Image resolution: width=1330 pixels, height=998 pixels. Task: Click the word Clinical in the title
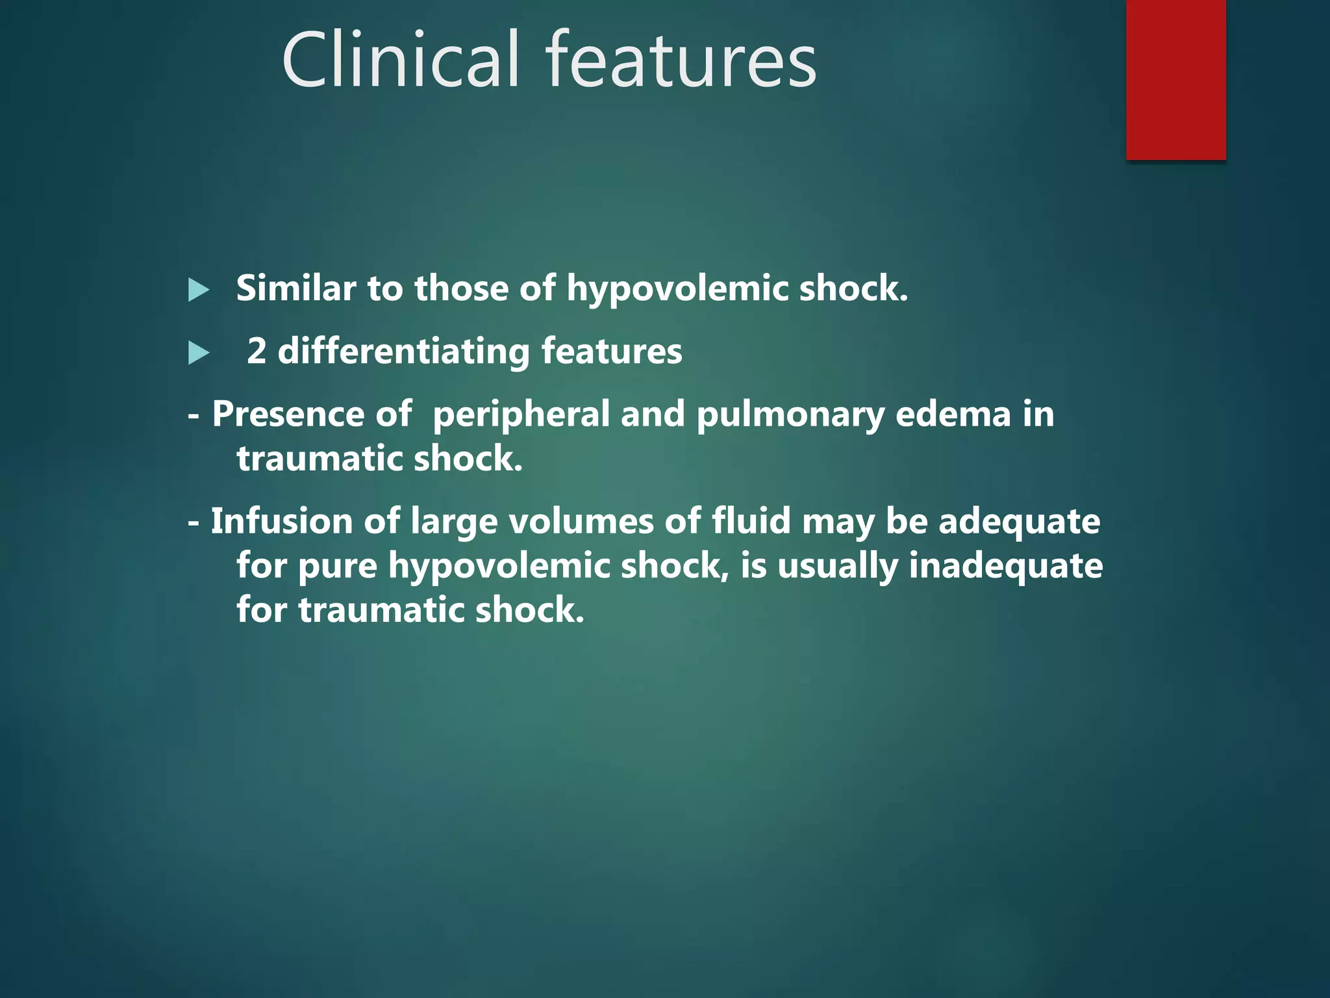pyautogui.click(x=401, y=60)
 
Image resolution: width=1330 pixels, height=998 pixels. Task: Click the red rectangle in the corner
pyautogui.click(x=1175, y=79)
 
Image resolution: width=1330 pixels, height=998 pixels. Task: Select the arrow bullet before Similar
pyautogui.click(x=198, y=290)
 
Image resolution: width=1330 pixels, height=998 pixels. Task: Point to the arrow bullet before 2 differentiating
pyautogui.click(x=198, y=353)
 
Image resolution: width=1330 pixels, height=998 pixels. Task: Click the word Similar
pyautogui.click(x=296, y=288)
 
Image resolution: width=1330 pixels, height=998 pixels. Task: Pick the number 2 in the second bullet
pyautogui.click(x=257, y=351)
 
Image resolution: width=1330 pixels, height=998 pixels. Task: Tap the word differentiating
pyautogui.click(x=403, y=352)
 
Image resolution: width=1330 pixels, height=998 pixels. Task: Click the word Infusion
pyautogui.click(x=282, y=521)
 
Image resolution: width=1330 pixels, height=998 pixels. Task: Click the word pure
pyautogui.click(x=338, y=566)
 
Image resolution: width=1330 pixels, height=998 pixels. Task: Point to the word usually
pyautogui.click(x=837, y=566)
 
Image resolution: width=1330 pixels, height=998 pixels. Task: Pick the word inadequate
pyautogui.click(x=1005, y=566)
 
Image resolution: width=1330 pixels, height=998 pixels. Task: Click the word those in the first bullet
pyautogui.click(x=461, y=288)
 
